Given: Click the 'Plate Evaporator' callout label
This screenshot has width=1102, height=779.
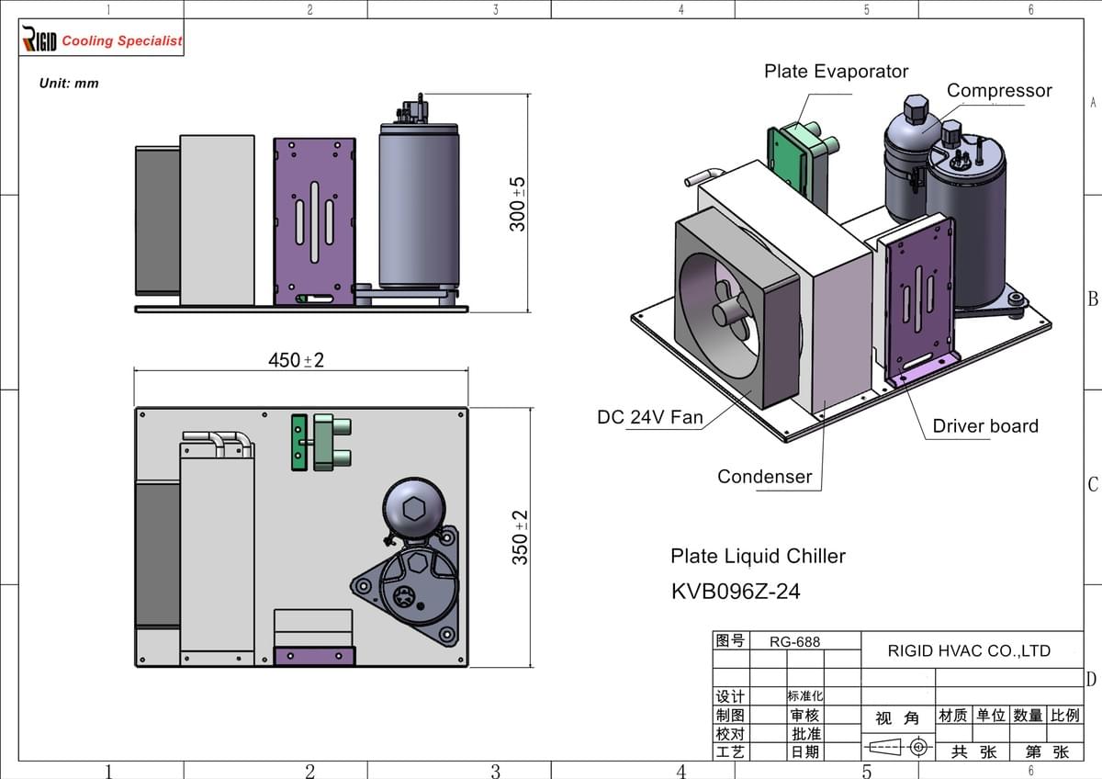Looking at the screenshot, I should coord(836,72).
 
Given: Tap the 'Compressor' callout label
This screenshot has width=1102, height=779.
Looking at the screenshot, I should coord(999,91).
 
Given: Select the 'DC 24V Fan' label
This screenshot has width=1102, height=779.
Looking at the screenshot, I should coord(649,418).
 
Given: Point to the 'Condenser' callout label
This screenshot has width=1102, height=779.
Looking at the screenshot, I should coord(764,477).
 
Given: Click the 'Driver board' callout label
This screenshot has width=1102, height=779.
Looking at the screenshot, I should coord(985,426).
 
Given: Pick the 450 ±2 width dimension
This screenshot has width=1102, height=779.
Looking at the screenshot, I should coord(296,360).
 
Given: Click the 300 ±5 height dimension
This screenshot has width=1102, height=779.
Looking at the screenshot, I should coord(519,203).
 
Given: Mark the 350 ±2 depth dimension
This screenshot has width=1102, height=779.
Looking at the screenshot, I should coord(521,537).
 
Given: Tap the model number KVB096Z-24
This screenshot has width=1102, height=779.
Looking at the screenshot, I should coord(736,592).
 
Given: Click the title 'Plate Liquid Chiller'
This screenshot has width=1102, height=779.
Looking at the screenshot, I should coord(758,556).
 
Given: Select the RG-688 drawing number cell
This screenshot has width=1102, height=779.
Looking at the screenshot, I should coord(794,641).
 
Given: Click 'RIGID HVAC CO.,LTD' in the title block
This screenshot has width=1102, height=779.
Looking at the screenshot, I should coord(969,651).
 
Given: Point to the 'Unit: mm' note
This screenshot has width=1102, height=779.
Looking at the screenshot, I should coord(69,83).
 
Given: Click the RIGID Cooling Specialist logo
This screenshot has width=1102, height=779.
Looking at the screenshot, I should coord(101,40).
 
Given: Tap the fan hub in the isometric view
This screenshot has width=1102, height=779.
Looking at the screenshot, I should coord(729,310).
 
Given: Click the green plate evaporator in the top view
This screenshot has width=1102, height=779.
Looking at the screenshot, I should coord(298,443).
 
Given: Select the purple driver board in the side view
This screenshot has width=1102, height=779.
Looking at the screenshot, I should coord(314,220).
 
